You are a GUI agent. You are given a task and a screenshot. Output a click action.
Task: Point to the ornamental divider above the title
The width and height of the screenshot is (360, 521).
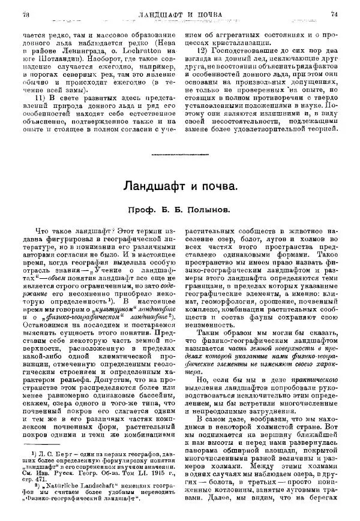point(179,155)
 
